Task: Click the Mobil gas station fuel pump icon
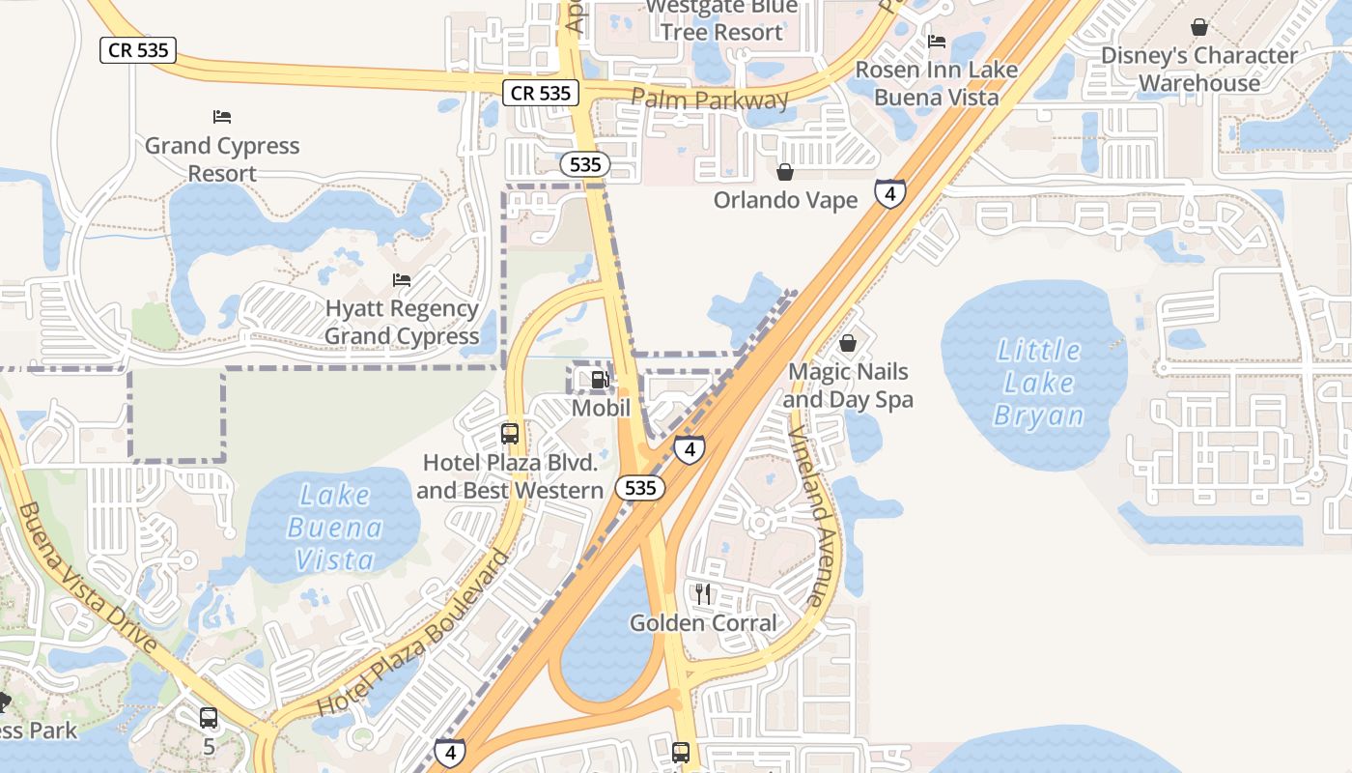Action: [600, 380]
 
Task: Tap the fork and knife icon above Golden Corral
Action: [703, 593]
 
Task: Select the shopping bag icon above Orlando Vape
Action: [785, 172]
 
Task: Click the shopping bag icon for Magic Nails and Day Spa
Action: [848, 343]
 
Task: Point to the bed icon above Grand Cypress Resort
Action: [222, 117]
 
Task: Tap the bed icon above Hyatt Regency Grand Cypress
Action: [402, 280]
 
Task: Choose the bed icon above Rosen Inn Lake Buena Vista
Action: [936, 42]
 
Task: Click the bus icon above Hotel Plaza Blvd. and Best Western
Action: [510, 434]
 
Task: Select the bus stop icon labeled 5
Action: [209, 718]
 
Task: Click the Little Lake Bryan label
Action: [1039, 383]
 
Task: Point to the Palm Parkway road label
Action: [710, 99]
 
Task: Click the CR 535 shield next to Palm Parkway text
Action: [541, 93]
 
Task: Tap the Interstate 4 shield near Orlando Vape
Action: [889, 193]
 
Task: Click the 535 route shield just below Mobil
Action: [640, 488]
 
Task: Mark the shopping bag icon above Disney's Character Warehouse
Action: [1199, 27]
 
